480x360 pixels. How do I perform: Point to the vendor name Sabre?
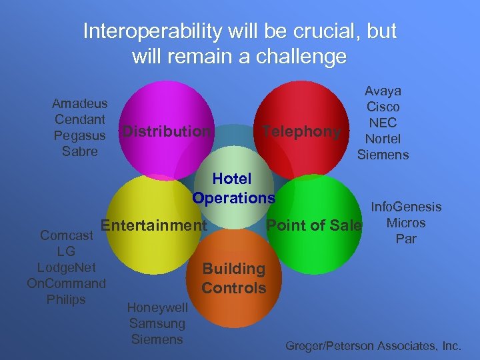[x=80, y=151]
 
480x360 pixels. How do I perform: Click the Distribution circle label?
[x=166, y=131]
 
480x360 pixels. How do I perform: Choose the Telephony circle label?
[x=302, y=131]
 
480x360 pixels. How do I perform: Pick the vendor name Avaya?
[x=383, y=91]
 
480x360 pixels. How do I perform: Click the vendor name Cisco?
[x=383, y=107]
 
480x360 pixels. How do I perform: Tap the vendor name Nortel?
[x=383, y=139]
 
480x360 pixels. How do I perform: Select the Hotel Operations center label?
[x=233, y=188]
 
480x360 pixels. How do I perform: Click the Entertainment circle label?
[x=154, y=225]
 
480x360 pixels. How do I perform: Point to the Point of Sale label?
[x=314, y=225]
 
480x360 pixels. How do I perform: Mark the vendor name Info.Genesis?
[x=406, y=207]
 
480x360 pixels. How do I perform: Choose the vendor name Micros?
[x=406, y=223]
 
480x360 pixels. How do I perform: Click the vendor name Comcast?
[x=67, y=235]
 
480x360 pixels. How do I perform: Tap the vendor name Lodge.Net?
[x=67, y=267]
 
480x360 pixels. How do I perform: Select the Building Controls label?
[x=233, y=279]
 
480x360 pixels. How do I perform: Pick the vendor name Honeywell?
[x=157, y=307]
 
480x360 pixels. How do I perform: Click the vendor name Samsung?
[x=157, y=323]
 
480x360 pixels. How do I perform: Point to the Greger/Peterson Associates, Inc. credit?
[x=373, y=345]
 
